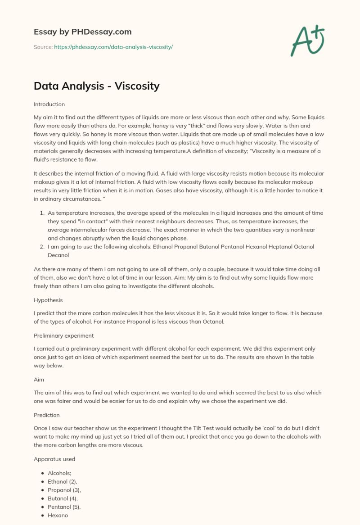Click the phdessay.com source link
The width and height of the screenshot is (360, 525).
pos(113,47)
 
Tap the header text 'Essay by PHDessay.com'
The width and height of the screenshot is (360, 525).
pos(82,32)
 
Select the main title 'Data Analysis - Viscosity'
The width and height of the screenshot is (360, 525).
pos(96,86)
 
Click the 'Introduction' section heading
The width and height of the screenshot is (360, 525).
pos(49,104)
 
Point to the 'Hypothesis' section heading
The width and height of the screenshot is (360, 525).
pos(48,300)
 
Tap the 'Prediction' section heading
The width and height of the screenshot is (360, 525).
pos(47,415)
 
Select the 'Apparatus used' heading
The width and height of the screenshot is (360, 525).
pos(54,459)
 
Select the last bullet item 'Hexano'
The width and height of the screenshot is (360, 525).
pos(58,515)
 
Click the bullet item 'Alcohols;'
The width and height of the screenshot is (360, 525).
pos(60,473)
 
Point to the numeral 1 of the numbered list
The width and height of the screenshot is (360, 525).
pos(42,213)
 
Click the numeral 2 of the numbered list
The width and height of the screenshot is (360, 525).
pos(42,247)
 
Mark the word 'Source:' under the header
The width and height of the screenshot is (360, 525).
pos(43,47)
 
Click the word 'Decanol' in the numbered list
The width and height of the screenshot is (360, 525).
pos(58,255)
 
